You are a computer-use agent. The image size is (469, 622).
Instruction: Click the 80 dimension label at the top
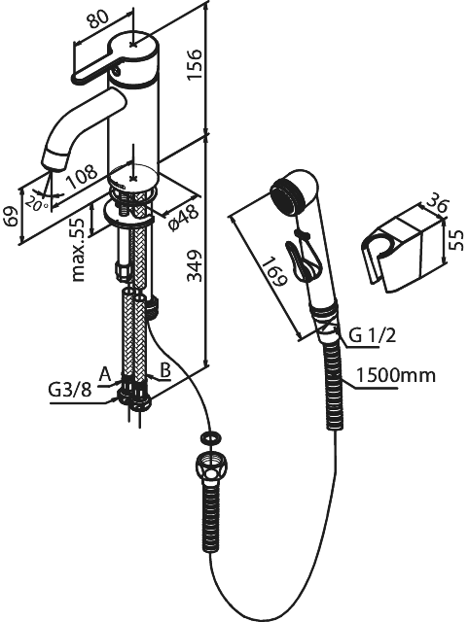[x=97, y=19]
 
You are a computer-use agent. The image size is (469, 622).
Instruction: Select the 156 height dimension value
[x=195, y=64]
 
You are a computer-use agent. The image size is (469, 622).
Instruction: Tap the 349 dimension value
[x=195, y=265]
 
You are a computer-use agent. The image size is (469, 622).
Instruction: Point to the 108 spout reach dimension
[x=82, y=176]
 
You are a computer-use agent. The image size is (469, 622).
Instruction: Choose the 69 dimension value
[x=14, y=216]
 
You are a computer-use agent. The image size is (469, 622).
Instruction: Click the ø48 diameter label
[x=183, y=218]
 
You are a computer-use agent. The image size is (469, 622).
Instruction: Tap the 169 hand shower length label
[x=275, y=272]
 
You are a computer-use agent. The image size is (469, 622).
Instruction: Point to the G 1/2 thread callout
[x=373, y=336]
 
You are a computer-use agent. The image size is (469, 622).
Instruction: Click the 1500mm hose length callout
[x=395, y=375]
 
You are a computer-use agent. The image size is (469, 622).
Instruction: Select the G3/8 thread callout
[x=70, y=390]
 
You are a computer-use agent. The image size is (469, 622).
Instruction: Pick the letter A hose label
[x=105, y=374]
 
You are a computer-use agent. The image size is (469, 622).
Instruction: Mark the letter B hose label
[x=164, y=371]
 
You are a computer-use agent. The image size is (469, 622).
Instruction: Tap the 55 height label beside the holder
[x=457, y=240]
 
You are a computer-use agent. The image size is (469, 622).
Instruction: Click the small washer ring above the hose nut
[x=211, y=438]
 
